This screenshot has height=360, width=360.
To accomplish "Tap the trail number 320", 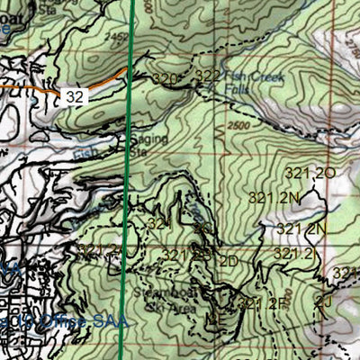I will [x=165, y=80].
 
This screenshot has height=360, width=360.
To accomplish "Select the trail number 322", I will [x=207, y=76].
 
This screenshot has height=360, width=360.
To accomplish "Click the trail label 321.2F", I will [x=262, y=303].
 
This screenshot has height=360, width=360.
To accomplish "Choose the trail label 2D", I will [x=228, y=261].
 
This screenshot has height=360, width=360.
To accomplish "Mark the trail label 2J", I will [x=325, y=301].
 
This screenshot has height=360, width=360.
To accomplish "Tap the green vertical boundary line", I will [x=126, y=180].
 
